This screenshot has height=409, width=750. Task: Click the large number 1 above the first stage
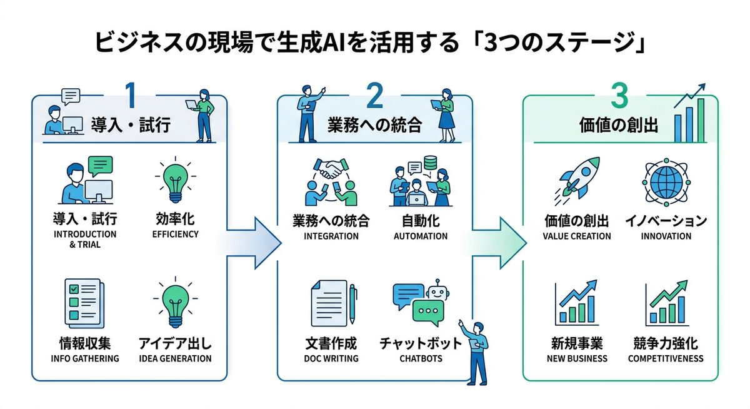tap(130, 96)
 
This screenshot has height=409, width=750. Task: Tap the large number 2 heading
tap(374, 96)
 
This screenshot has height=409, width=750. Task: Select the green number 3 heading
tap(619, 96)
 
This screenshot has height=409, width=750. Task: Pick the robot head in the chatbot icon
tap(437, 290)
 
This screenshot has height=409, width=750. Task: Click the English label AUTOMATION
tap(420, 236)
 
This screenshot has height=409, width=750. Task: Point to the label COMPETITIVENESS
tap(666, 358)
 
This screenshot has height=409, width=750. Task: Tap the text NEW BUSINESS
tap(576, 358)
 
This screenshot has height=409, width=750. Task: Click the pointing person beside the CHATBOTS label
tap(476, 351)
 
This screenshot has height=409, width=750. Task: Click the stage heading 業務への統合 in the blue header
tap(374, 125)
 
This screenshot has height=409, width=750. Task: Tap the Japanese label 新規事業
tap(576, 343)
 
